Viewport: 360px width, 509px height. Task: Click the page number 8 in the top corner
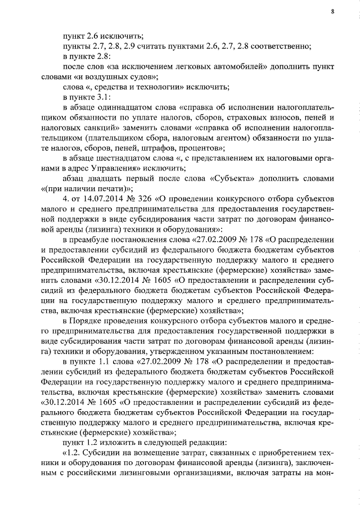pyautogui.click(x=332, y=12)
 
